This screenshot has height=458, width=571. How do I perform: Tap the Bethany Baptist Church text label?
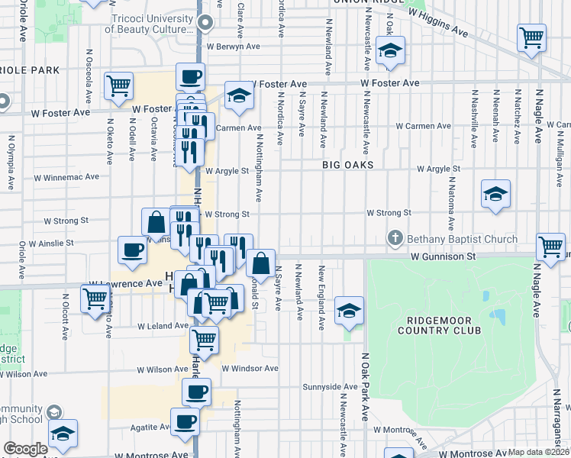tap(462, 239)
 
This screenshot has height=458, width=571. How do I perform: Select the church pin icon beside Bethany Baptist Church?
tap(395, 239)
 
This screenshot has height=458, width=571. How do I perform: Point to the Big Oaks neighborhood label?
tap(347, 165)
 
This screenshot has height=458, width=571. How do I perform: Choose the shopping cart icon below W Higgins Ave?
tap(531, 37)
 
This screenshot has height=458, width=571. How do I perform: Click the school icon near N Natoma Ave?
tap(495, 195)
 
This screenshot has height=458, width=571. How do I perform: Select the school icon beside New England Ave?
tap(349, 311)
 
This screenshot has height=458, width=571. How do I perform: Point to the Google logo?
tap(25, 449)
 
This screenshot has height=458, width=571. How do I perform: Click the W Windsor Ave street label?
tap(250, 368)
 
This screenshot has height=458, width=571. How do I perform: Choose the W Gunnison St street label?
tap(443, 257)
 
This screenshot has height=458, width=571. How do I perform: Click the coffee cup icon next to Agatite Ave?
tap(184, 421)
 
